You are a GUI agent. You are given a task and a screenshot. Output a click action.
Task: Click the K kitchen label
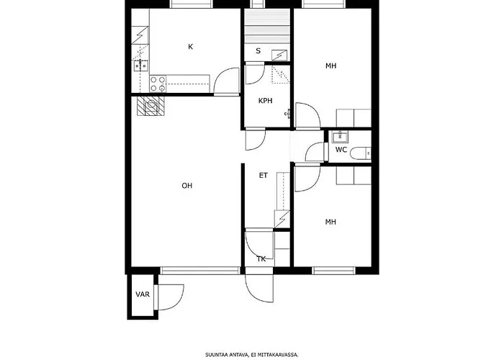point(190,47)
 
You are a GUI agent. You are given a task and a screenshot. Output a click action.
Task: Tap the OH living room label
point(187,186)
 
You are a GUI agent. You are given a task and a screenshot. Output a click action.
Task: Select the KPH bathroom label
point(266,101)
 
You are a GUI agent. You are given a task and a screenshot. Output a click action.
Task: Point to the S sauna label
point(258,51)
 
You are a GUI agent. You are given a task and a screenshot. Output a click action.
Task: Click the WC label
point(341,150)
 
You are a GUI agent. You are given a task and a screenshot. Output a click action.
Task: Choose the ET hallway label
point(264,176)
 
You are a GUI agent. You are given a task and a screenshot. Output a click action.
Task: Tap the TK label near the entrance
point(261,259)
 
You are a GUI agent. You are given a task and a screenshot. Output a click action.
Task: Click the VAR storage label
point(143,294)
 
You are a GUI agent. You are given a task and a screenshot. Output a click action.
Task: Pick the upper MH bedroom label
point(330,66)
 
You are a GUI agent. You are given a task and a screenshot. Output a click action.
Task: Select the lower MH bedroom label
point(330,222)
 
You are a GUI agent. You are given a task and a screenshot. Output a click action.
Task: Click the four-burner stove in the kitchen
point(158,84)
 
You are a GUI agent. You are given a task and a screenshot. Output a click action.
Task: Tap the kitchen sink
point(141,66)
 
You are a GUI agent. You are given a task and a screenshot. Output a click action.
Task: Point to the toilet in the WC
point(360,153)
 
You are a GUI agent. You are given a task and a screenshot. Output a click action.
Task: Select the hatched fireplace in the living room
point(151,106)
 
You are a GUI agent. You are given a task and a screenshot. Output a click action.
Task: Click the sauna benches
point(266,27)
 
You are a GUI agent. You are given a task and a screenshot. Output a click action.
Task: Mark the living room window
point(201,271)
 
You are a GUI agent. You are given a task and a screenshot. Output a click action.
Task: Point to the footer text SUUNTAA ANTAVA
point(227,355)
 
